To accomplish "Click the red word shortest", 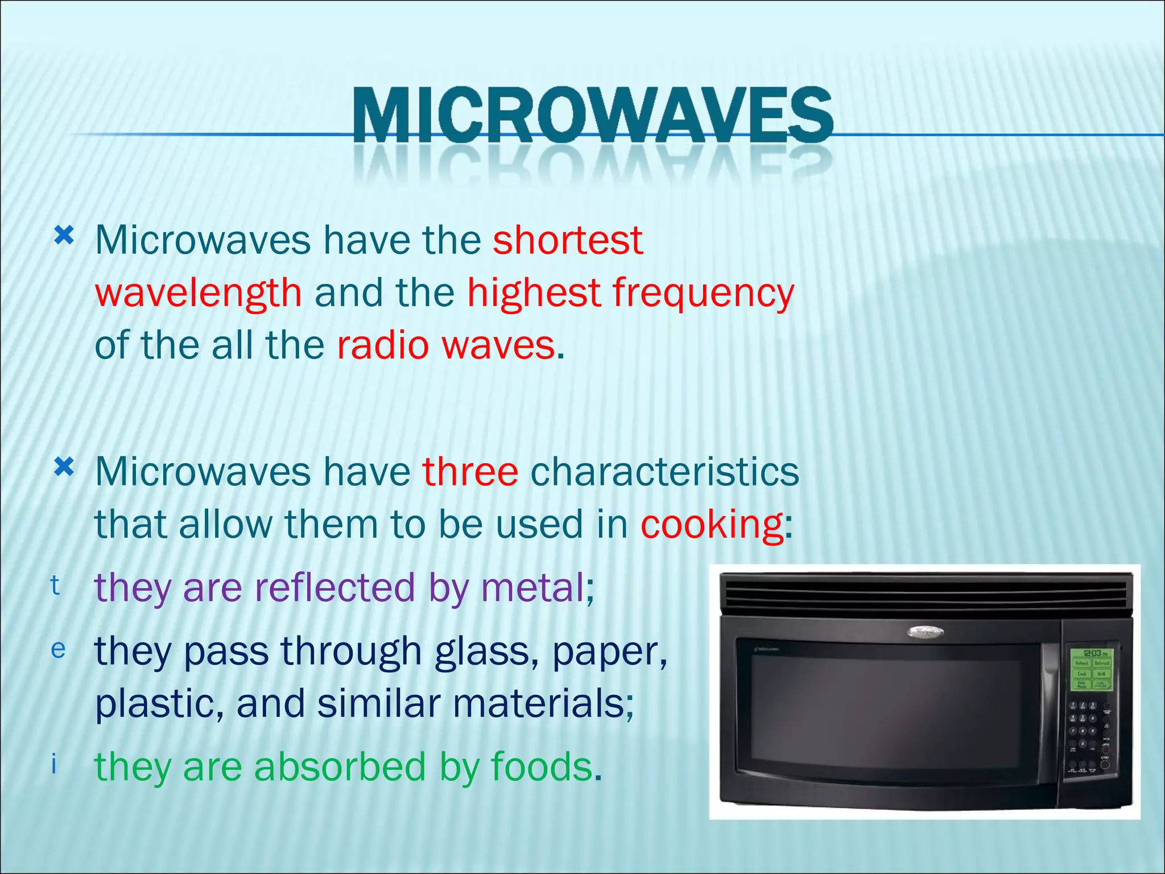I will point(567,240).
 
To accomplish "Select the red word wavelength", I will point(198,293).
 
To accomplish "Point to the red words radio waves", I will point(446,345).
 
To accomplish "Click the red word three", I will point(470,472).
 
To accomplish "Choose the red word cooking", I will point(712,524).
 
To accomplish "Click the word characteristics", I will point(664,472).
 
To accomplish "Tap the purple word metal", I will point(532,588).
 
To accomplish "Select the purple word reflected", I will point(334,588).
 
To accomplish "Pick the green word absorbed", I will point(340,767).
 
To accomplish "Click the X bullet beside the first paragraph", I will point(64,235).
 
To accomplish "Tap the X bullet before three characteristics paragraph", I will point(64,468).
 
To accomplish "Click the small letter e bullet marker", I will point(58,649).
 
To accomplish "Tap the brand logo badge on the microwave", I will point(924,632).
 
